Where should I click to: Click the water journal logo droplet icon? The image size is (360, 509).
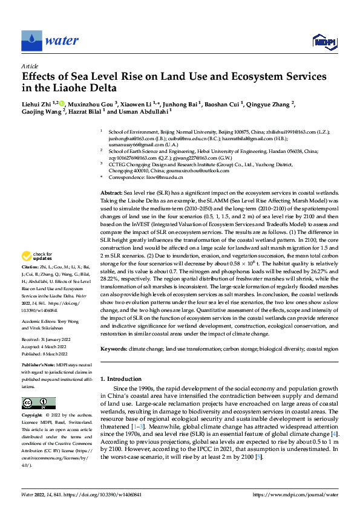point(31,41)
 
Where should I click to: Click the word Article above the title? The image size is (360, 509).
point(30,66)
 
